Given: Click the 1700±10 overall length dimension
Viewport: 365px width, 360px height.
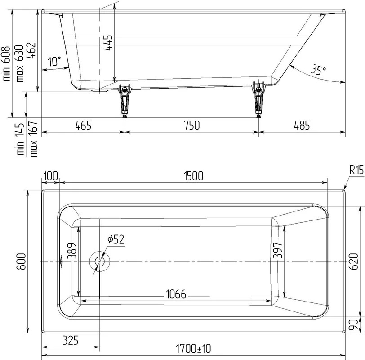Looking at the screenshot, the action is coord(193,349).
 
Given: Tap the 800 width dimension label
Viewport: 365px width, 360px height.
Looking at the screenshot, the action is coord(22,261).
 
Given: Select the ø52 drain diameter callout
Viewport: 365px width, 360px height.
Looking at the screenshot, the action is coord(116,239).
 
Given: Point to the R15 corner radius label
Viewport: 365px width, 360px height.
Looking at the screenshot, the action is coord(356,171).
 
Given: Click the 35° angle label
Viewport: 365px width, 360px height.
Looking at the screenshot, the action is coord(318,70).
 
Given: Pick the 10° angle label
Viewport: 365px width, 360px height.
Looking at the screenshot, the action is coord(54,61).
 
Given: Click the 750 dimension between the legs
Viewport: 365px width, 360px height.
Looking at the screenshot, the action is coord(192,125).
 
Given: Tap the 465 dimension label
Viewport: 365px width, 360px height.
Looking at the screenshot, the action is coord(83,125).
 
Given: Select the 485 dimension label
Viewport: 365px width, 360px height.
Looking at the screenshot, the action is coord(302,125).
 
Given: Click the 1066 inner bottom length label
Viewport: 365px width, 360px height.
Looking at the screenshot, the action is coord(176,294).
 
